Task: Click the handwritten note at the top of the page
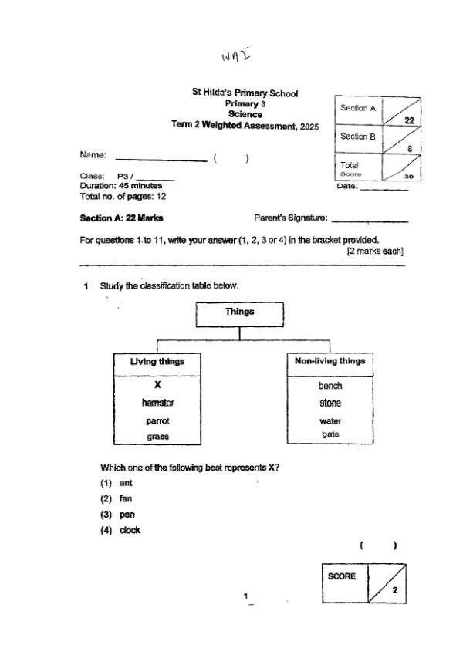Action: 236,55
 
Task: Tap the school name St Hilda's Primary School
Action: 245,93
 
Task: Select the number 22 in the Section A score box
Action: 410,120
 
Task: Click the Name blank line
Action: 161,160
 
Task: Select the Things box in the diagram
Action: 240,312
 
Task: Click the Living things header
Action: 157,361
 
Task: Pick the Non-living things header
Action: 330,361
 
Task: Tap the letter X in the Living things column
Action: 157,384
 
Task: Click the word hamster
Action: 157,403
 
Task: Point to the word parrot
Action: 157,420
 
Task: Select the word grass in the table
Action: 157,437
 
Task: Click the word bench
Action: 330,385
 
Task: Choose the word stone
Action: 330,403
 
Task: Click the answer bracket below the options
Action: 378,546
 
